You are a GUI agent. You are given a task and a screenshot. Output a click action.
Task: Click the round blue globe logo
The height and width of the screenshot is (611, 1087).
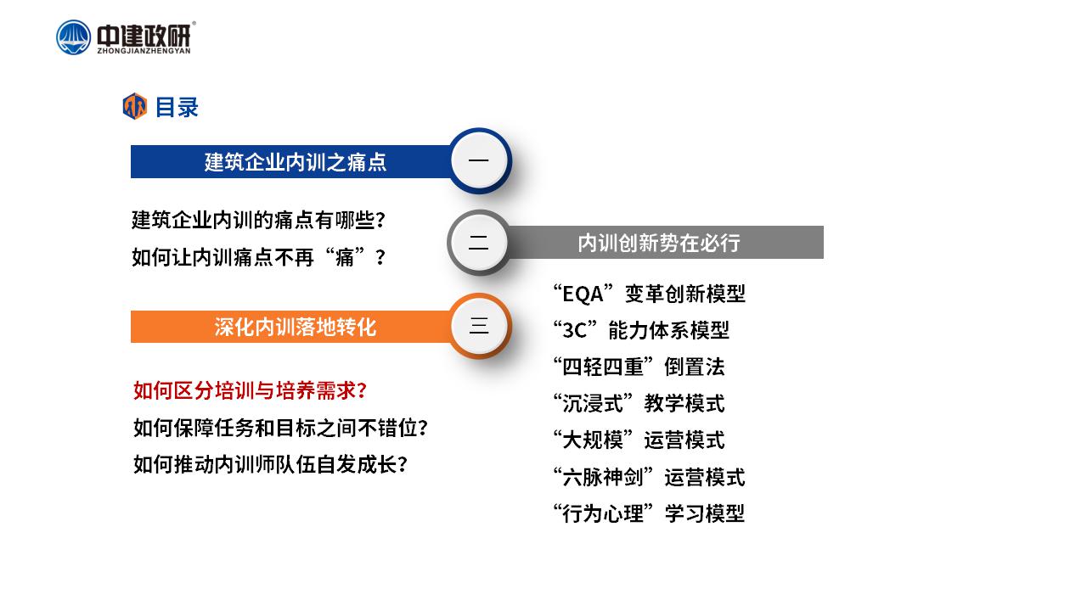coord(73,37)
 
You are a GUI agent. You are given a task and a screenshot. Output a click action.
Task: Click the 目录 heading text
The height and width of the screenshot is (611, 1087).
coord(177,107)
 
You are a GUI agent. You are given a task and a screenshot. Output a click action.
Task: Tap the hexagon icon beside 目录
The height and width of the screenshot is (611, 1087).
coord(134,106)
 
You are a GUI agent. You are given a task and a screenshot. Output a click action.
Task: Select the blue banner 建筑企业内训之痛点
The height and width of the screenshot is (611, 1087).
coord(291,161)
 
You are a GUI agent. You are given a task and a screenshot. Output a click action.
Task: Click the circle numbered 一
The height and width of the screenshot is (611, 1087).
coord(479,160)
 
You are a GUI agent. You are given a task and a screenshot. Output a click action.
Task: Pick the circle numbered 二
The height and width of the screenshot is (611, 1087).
coord(479,243)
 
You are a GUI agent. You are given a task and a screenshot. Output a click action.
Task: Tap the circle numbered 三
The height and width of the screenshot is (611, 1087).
coord(479,326)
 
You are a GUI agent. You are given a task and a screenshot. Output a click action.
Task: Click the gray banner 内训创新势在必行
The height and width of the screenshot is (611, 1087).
coord(665,243)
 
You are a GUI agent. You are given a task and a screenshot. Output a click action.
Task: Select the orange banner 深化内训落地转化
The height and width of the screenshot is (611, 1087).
coord(291,327)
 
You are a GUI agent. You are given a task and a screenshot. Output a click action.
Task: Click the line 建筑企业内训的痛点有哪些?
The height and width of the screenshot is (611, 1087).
coord(259,220)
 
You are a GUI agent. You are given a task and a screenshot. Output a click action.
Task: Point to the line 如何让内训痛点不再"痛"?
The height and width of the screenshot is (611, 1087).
coord(259,257)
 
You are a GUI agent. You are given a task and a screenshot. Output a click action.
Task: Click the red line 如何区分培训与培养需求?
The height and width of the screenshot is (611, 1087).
coord(250,391)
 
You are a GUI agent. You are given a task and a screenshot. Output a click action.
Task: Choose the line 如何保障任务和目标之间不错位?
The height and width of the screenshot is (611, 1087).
coord(280,428)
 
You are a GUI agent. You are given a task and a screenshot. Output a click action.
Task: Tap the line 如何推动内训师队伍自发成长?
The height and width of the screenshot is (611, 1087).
coord(270,464)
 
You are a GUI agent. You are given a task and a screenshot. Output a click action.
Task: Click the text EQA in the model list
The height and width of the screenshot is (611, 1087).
coord(583,294)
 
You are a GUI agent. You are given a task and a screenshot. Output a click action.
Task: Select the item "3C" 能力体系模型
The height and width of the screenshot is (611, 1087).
coord(641,331)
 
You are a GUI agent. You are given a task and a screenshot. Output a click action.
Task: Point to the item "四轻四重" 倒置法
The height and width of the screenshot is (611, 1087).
coord(639,367)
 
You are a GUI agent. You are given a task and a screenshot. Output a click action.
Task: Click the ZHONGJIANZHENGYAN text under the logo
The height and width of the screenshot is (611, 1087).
coord(144,51)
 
